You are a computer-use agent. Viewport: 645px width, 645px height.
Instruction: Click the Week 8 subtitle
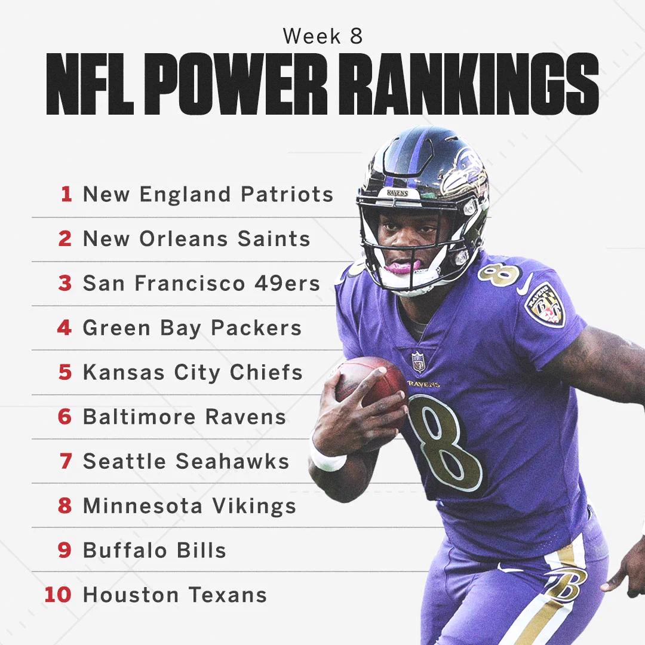[323, 36]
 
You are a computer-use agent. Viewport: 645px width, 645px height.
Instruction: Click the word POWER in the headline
[235, 84]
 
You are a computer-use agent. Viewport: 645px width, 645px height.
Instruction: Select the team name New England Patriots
[208, 194]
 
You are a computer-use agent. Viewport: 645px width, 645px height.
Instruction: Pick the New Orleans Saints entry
[196, 238]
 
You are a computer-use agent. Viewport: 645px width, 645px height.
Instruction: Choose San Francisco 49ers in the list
[202, 283]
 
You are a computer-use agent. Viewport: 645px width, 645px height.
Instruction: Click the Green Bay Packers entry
[192, 328]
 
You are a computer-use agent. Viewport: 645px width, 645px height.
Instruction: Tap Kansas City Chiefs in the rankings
[193, 372]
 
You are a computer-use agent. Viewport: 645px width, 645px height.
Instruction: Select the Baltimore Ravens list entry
[185, 416]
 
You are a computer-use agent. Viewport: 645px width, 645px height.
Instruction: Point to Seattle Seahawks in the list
[186, 460]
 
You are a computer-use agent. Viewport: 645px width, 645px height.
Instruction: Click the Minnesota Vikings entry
[190, 506]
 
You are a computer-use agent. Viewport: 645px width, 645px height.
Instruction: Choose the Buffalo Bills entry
[155, 550]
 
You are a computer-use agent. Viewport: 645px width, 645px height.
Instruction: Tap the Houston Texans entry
[175, 594]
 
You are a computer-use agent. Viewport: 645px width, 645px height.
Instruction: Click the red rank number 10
[58, 594]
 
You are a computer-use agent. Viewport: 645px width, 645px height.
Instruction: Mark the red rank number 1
[66, 194]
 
